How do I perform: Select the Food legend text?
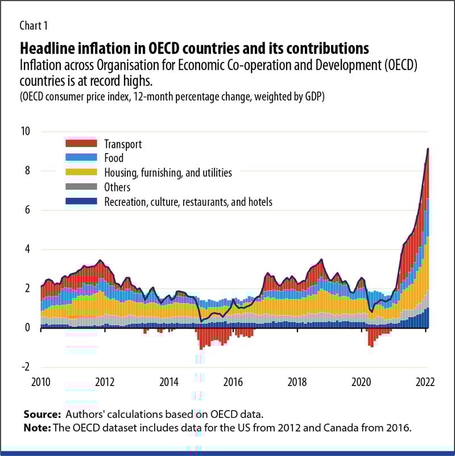(x=114, y=158)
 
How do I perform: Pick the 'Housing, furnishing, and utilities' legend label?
(x=168, y=172)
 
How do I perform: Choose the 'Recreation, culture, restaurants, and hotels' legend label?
(x=188, y=201)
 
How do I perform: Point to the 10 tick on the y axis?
(x=26, y=131)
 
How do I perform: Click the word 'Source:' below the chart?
(x=43, y=413)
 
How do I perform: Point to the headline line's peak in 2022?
(x=428, y=148)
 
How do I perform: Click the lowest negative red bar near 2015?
(x=201, y=347)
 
